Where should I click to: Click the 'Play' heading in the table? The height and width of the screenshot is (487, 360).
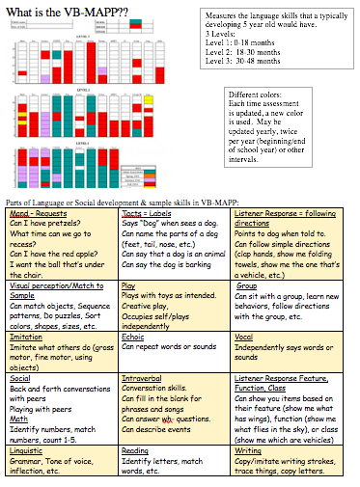click(128, 286)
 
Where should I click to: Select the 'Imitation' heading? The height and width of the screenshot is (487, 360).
click(27, 337)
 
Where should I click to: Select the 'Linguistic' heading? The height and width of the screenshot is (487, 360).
click(28, 449)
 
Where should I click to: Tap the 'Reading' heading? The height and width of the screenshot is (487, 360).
click(135, 449)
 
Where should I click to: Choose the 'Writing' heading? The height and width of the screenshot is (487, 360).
click(248, 449)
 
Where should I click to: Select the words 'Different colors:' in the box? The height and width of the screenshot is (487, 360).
click(257, 97)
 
